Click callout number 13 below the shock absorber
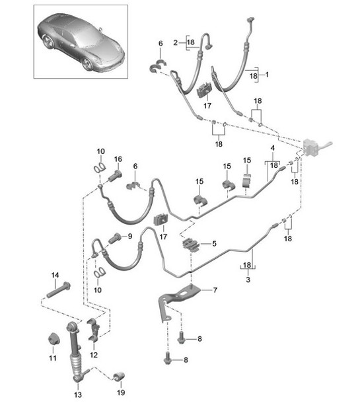78,395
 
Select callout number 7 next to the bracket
214,290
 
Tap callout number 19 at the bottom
121,392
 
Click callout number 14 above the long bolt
55,274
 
